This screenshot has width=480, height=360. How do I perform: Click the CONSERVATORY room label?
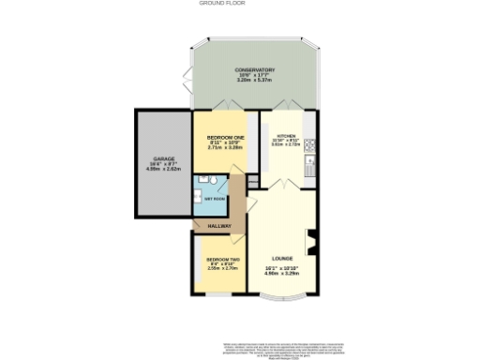point(254,69)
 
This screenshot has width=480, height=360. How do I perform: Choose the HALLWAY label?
point(218,226)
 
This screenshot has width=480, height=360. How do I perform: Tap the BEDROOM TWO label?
point(223,259)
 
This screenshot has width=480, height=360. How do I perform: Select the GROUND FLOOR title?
point(217,4)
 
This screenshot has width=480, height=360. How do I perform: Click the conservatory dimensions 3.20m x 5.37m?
point(254,82)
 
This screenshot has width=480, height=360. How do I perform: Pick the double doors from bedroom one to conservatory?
point(221,106)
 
